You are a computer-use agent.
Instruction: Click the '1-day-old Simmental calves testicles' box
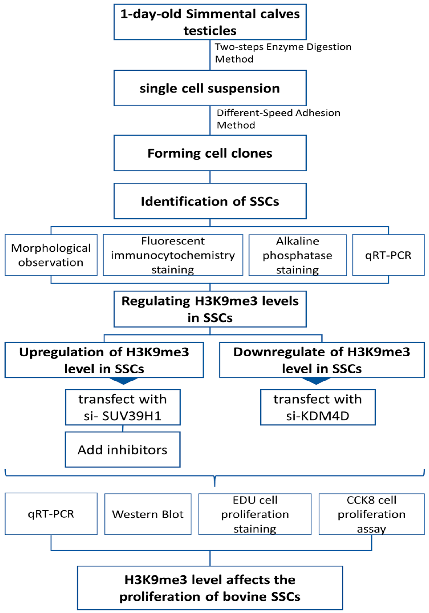210,22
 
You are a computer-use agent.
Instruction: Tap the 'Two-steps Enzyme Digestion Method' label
283,53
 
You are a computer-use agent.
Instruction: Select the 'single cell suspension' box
210,88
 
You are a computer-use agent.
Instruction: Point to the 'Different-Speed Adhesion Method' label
278,119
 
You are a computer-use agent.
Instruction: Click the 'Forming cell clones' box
210,153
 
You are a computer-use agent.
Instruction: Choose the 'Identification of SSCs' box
210,201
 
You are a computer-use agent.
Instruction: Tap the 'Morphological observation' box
51,255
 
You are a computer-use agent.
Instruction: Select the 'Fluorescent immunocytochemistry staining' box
173,255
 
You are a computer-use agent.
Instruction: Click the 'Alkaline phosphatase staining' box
297,255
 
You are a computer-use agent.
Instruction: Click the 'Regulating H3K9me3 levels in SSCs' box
210,309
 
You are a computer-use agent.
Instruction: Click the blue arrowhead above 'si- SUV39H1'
124,381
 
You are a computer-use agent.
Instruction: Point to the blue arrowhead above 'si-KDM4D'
316,381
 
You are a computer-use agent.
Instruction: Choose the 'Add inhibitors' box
122,450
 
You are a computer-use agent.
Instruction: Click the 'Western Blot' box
148,514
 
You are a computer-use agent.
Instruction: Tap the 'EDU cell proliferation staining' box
255,514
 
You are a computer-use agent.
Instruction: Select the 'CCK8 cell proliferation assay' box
371,514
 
